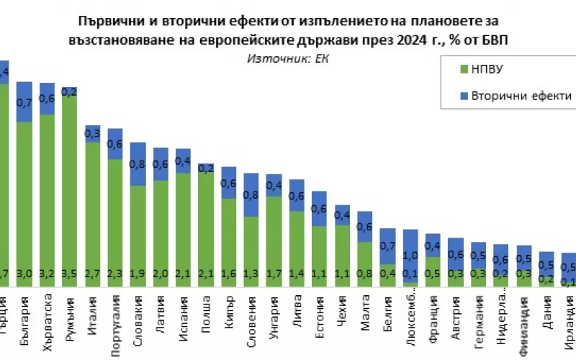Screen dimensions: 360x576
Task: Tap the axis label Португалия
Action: (115, 315)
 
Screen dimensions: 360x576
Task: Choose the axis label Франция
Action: (433, 312)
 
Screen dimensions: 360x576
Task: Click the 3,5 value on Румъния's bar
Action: (70, 274)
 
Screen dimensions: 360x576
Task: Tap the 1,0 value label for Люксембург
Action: (410, 256)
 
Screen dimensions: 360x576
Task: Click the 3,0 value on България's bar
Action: (25, 274)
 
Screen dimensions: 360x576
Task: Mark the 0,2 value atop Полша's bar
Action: (206, 168)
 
